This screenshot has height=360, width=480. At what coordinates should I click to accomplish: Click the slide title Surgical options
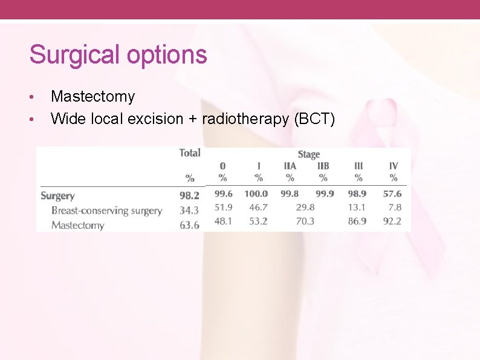point(118,54)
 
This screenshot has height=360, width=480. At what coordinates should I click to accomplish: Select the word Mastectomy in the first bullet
point(93,96)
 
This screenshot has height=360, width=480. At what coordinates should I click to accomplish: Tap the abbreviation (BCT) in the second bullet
point(314,119)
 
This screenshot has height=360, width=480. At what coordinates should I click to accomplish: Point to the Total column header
point(190,153)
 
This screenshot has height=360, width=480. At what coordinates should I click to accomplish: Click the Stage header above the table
point(308,154)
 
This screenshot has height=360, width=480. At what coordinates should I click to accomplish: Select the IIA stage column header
point(290,165)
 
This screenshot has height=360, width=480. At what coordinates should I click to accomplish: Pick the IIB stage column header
point(323,165)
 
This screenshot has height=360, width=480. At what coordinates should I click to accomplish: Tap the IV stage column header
point(393,165)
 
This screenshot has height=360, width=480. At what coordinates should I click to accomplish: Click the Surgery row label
point(57,195)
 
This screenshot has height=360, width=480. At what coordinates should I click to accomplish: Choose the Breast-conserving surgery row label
point(106,211)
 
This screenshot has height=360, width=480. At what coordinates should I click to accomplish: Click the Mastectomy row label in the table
point(77,226)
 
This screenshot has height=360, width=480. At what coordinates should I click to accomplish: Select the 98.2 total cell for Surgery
point(189,195)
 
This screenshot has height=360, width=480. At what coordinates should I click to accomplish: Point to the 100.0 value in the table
point(256,194)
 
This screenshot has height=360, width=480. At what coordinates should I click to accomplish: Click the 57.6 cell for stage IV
point(392,194)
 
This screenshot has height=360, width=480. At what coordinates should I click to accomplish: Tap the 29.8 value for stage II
point(305,207)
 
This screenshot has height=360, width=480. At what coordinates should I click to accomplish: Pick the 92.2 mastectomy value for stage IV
point(392,221)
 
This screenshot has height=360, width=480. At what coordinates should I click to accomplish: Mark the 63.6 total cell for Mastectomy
point(189,226)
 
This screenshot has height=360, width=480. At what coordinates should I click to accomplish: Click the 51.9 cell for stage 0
point(223,207)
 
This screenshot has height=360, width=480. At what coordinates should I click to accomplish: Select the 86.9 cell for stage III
point(357,221)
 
